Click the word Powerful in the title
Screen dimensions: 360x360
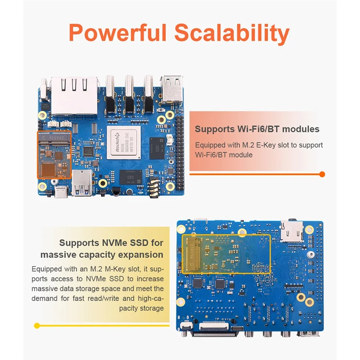pyautogui.click(x=117, y=34)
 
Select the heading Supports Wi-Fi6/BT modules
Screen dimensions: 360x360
pyautogui.click(x=257, y=129)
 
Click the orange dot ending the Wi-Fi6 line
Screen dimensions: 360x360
pyautogui.click(x=322, y=174)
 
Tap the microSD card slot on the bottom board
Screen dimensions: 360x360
pyautogui.click(x=291, y=231)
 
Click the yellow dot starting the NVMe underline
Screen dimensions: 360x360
pyautogui.click(x=37, y=325)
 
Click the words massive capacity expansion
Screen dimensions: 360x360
pyautogui.click(x=102, y=255)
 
